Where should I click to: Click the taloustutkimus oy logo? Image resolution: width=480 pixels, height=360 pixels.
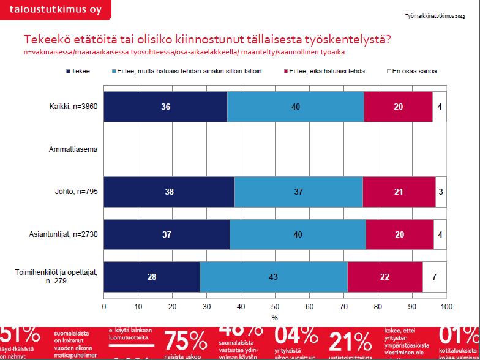[56, 10]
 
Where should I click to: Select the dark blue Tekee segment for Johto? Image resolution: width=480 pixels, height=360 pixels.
[169, 192]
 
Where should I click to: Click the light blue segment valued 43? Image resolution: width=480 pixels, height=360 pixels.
[273, 277]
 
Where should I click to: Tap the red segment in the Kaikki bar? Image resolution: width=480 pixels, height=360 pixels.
[398, 107]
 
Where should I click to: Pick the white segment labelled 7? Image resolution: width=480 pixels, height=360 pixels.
[434, 277]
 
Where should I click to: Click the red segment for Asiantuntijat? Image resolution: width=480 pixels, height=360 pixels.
[399, 234]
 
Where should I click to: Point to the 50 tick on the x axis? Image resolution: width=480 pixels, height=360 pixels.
[275, 306]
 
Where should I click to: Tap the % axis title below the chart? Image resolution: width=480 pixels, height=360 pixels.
[275, 317]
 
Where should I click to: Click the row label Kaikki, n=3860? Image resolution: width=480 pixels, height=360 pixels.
[73, 107]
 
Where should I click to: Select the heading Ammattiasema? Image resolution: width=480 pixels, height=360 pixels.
[73, 149]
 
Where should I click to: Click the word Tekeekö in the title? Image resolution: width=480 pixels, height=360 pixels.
[46, 40]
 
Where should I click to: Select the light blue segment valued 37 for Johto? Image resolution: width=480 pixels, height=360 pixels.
[298, 192]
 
